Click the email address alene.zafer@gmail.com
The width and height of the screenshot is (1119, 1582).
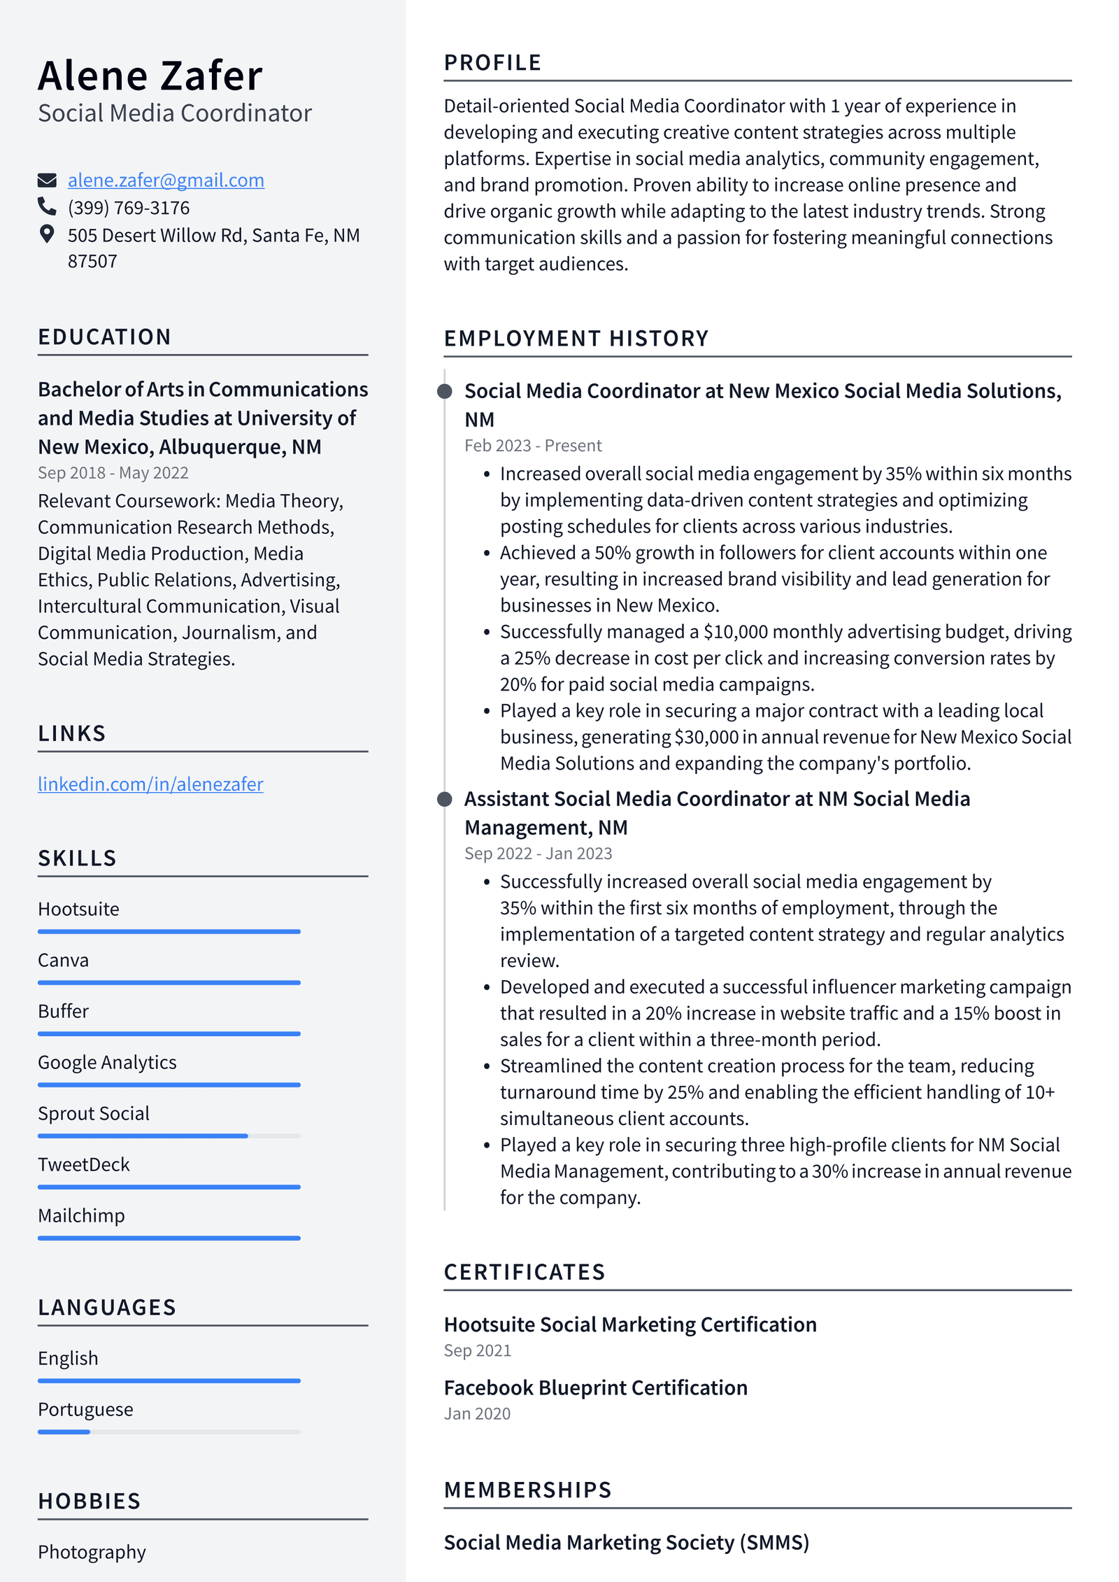point(166,181)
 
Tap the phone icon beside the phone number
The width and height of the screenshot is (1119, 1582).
point(47,206)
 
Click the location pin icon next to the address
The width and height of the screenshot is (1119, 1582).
point(47,234)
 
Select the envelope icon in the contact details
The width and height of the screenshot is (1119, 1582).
point(47,181)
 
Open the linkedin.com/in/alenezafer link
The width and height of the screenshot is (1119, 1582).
point(150,784)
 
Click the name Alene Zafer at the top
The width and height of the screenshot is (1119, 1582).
point(150,76)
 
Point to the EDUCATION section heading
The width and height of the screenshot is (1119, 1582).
point(104,337)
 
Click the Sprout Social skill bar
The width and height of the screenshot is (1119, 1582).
point(169,1136)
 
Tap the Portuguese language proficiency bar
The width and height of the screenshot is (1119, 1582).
point(169,1432)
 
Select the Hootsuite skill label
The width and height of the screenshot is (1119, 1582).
point(78,909)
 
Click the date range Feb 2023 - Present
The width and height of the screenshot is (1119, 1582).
point(533,446)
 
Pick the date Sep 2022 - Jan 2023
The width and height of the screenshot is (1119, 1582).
point(538,854)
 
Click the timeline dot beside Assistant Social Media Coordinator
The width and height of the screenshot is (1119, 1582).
point(445,799)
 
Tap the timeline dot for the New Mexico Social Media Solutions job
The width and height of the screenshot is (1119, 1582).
point(445,391)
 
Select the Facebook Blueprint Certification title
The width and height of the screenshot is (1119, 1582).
point(595,1388)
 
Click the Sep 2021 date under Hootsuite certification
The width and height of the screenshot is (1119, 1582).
point(477,1351)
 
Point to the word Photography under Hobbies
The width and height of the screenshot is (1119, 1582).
point(92,1552)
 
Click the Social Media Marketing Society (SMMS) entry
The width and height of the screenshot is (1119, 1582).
point(626,1542)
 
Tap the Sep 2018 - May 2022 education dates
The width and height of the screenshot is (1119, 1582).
point(113,473)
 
